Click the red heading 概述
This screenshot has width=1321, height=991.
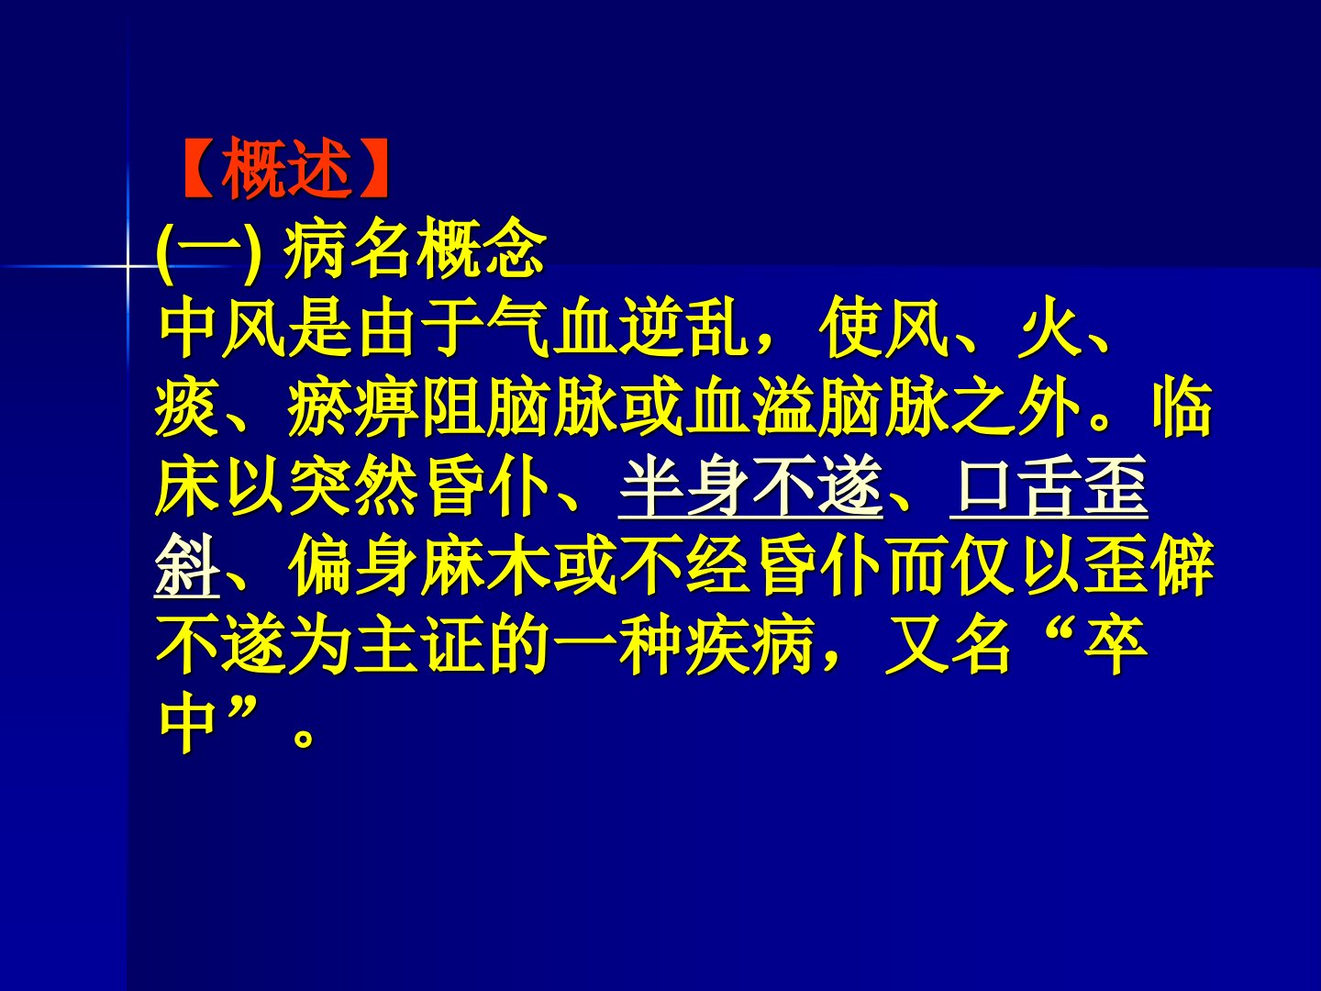(286, 169)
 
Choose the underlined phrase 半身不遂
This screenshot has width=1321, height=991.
(750, 486)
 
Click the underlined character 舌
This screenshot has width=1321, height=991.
(1049, 486)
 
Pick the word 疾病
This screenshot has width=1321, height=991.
(750, 646)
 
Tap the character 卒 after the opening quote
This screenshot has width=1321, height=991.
(1116, 646)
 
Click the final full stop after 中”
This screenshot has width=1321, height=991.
(303, 738)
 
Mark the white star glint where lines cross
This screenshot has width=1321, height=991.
(128, 265)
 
